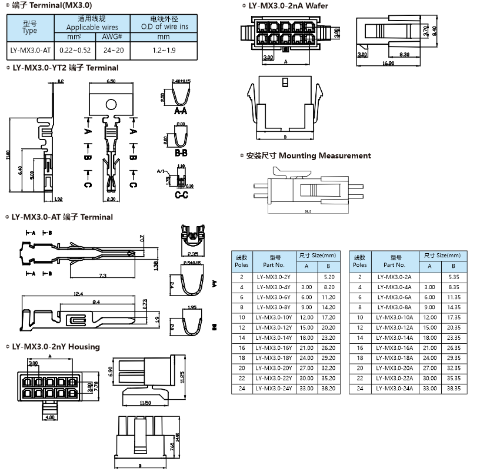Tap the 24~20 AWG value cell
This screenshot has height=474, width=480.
coord(111,51)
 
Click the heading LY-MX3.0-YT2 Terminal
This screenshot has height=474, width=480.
coord(65,68)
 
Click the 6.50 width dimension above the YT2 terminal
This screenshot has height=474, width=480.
coord(111,81)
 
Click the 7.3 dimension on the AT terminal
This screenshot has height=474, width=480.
coord(102,275)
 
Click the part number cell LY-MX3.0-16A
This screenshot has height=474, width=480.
coord(394,348)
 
